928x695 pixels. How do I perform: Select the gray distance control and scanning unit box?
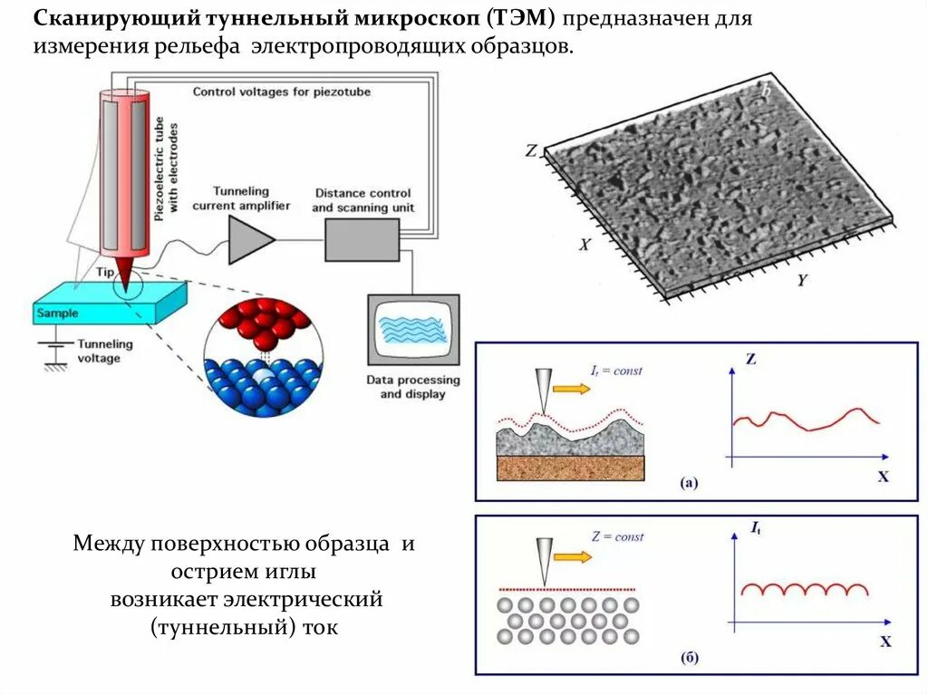[x=362, y=239]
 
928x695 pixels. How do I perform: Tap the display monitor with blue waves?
[x=413, y=329]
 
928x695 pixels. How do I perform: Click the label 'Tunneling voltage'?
[x=104, y=351]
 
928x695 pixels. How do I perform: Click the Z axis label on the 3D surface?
[x=532, y=151]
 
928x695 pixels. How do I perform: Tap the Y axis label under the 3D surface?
[x=801, y=280]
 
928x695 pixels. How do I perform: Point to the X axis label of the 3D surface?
[x=585, y=244]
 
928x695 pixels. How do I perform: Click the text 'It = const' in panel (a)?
[x=615, y=371]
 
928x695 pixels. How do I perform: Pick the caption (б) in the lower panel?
[x=689, y=658]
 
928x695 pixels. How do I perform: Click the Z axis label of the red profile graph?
[x=750, y=359]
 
